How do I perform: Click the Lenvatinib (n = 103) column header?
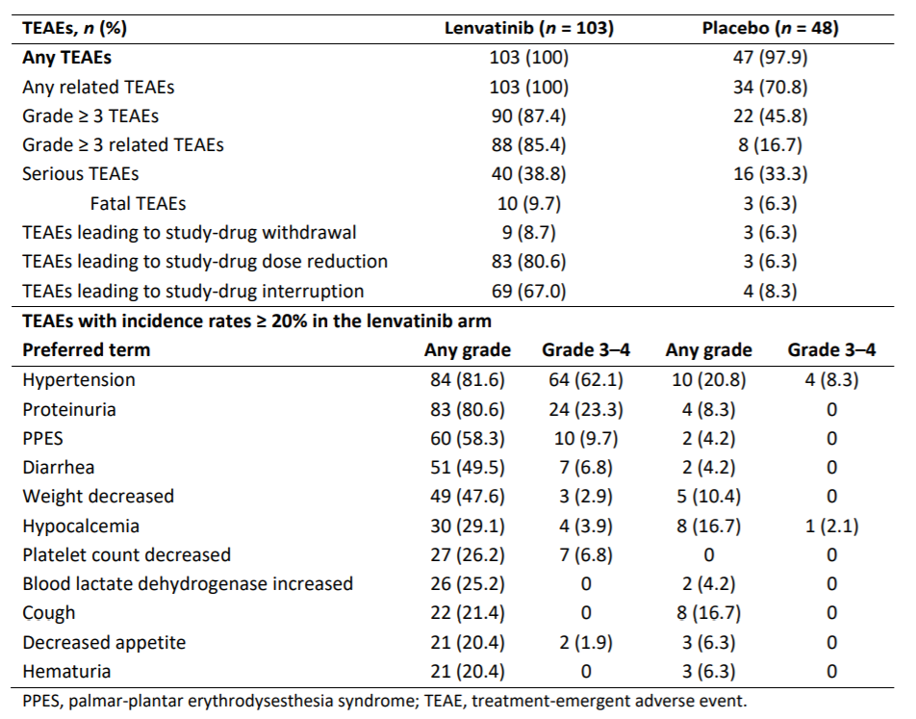pyautogui.click(x=528, y=28)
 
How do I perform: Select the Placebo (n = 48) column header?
pyautogui.click(x=770, y=28)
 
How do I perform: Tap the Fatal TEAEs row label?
pyautogui.click(x=138, y=203)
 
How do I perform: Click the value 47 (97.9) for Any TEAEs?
pyautogui.click(x=770, y=58)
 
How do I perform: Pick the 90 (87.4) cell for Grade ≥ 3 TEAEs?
pyautogui.click(x=528, y=116)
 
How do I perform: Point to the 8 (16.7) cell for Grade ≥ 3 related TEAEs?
pyautogui.click(x=770, y=145)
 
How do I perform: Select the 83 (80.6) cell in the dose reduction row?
pyautogui.click(x=528, y=261)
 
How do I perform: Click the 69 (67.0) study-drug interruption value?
pyautogui.click(x=528, y=291)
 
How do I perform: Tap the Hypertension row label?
pyautogui.click(x=79, y=380)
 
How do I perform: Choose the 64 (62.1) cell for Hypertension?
pyautogui.click(x=586, y=380)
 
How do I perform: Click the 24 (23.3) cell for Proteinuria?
pyautogui.click(x=586, y=409)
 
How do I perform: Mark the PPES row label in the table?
pyautogui.click(x=42, y=438)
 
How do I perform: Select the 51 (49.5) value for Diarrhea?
pyautogui.click(x=468, y=468)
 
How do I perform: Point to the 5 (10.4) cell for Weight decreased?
pyautogui.click(x=708, y=497)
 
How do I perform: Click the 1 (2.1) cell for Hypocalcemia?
pyautogui.click(x=832, y=526)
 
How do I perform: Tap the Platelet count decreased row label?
pyautogui.click(x=127, y=554)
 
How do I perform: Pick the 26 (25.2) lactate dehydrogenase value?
pyautogui.click(x=468, y=584)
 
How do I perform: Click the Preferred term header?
pyautogui.click(x=87, y=350)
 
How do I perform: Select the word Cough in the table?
pyautogui.click(x=49, y=613)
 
